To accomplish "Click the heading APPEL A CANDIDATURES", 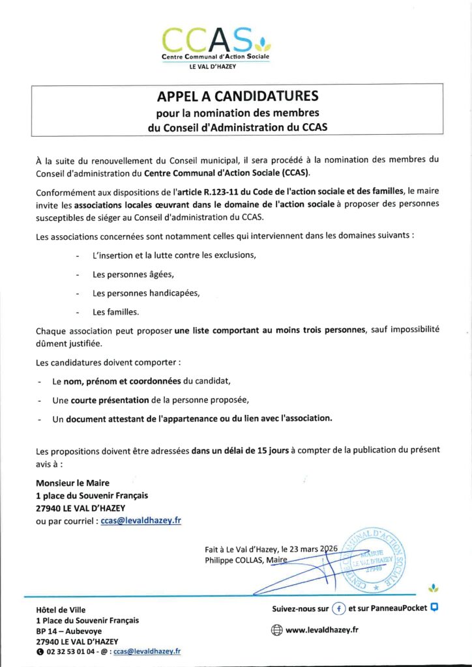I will pos(237,97).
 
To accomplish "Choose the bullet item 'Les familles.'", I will pos(115,311).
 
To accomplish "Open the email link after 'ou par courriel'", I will pos(141,520).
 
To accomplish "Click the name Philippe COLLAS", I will pos(231,560).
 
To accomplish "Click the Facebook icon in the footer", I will pos(338,609).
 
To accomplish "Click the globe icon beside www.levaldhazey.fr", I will pos(276,630).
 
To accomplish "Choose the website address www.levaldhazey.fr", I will pos(321,630).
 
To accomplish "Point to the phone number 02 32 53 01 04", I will pos(72,651).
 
